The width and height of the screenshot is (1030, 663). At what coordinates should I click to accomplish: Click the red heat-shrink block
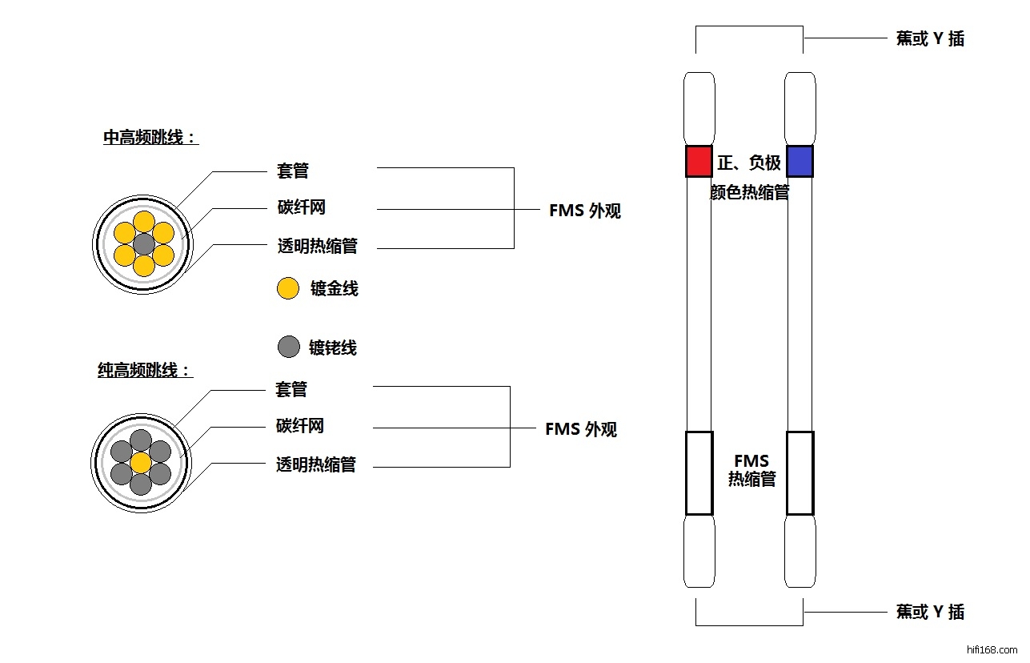click(699, 161)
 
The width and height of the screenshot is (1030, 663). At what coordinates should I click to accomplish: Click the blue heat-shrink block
click(800, 161)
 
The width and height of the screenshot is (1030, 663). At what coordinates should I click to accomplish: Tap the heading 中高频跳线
click(150, 138)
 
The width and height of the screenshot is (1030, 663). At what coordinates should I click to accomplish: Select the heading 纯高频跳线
click(145, 371)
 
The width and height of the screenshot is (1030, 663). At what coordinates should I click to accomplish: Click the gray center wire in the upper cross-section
click(143, 243)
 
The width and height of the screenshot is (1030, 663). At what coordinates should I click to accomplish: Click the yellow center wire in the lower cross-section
click(141, 463)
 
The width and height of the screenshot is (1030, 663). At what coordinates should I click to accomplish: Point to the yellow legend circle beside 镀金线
click(287, 289)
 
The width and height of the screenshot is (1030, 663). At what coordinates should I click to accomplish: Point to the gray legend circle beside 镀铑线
click(288, 347)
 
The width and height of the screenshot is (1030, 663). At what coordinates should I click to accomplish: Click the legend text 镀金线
click(334, 289)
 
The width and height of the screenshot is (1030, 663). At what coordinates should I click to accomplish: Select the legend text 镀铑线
click(333, 348)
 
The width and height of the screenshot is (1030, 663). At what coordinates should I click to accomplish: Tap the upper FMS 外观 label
click(584, 211)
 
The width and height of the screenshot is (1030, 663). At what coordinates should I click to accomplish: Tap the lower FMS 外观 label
click(581, 429)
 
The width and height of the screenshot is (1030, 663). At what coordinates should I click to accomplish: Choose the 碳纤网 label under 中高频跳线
click(302, 208)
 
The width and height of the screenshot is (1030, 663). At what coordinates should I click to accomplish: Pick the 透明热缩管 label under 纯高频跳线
click(315, 464)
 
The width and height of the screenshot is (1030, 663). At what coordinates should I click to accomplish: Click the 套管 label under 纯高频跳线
click(291, 389)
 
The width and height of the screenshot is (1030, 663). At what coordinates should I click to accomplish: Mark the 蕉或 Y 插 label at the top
click(930, 38)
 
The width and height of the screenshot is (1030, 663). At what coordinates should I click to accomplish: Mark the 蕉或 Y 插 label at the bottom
click(930, 613)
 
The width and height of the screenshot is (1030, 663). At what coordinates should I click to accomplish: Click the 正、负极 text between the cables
click(748, 163)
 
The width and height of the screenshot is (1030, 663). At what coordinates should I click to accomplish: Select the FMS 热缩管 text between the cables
click(751, 470)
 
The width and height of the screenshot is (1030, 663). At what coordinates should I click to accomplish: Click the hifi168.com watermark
click(992, 650)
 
